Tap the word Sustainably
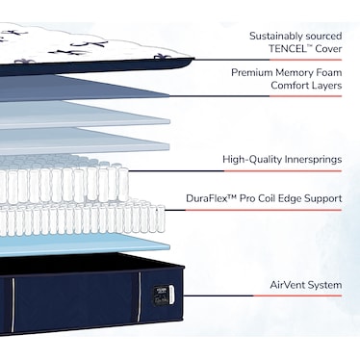(x=276, y=36)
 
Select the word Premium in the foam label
(x=252, y=72)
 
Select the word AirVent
(x=288, y=285)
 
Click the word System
(x=324, y=285)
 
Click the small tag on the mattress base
(x=159, y=295)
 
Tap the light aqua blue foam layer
(x=85, y=244)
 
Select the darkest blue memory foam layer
(x=85, y=89)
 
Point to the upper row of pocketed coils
(x=64, y=180)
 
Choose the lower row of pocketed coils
(x=83, y=219)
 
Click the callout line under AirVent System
(x=262, y=296)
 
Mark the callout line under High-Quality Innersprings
(x=235, y=171)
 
